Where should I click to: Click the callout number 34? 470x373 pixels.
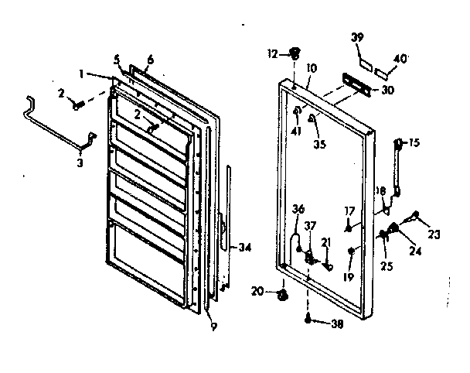tap(245, 248)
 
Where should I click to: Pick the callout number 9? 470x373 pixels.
tap(213, 325)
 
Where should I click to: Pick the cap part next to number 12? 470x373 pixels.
tap(295, 53)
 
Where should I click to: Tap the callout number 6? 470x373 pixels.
tap(151, 60)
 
